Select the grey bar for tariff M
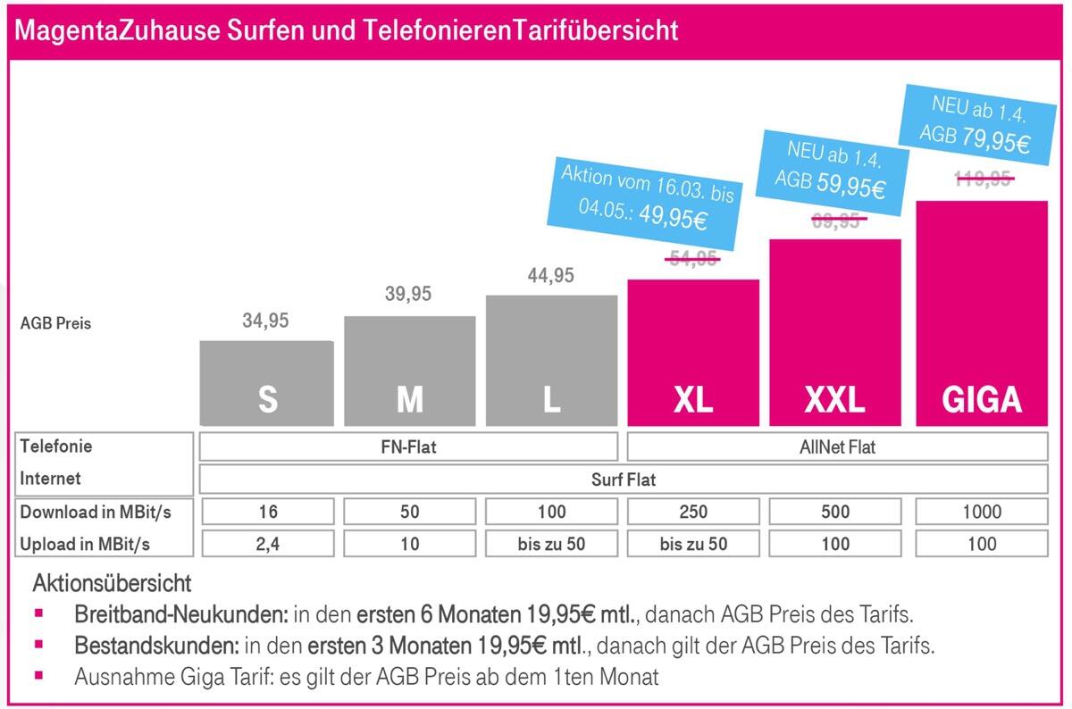coord(409,371)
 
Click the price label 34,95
coord(265,321)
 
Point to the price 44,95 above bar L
coord(551,276)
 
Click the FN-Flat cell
coord(408,446)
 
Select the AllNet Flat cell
coord(837,446)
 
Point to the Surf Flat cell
coord(623,480)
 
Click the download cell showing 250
coord(693,512)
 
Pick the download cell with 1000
coord(982,512)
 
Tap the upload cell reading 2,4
coord(267,544)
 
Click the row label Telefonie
coord(56,446)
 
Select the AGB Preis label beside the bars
coord(55,323)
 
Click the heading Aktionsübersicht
coord(112,584)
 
